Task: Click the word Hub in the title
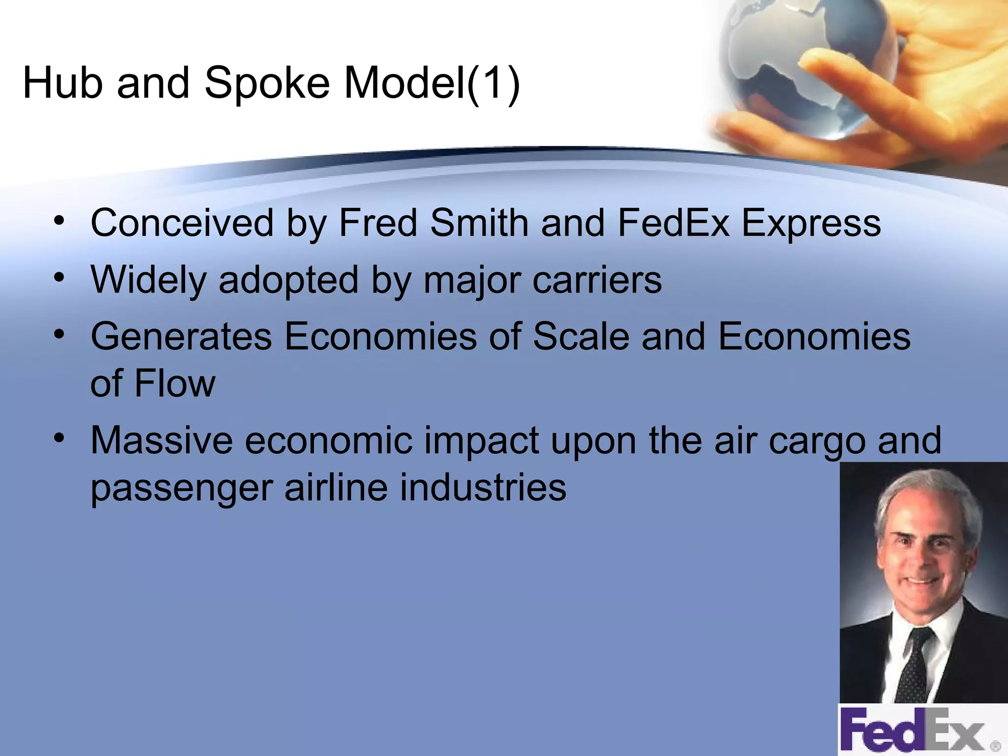pos(63,83)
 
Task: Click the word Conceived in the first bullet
pos(182,223)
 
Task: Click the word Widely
pos(149,280)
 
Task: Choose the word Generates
pos(181,337)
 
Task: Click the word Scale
pos(581,337)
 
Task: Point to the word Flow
pos(175,383)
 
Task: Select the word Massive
pos(161,440)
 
